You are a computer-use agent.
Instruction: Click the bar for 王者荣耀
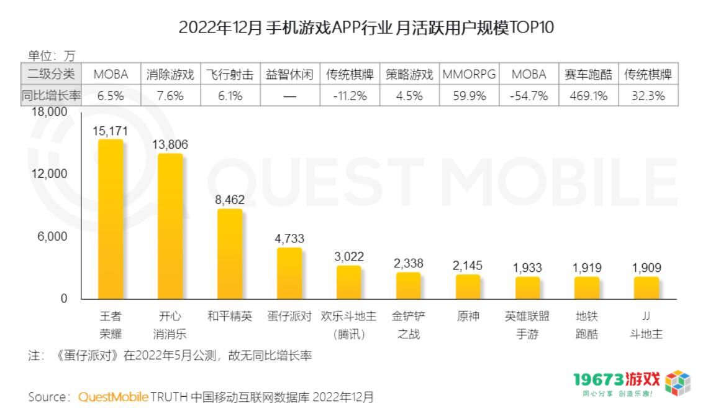click(x=111, y=219)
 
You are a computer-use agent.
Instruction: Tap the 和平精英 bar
click(x=230, y=254)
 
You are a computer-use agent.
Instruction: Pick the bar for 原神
click(x=468, y=287)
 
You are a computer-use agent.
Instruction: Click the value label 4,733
click(x=289, y=238)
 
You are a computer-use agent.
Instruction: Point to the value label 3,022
click(x=349, y=256)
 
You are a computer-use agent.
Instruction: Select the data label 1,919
click(x=587, y=268)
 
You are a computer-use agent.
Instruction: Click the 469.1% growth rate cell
click(x=587, y=96)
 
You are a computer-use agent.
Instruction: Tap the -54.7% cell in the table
click(x=528, y=96)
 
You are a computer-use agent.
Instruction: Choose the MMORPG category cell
click(x=469, y=75)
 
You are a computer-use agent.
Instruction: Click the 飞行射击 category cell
click(x=230, y=75)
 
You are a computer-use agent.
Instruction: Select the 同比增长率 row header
click(x=52, y=96)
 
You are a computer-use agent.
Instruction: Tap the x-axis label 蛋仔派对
click(x=289, y=316)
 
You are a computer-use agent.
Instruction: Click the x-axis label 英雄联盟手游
click(x=527, y=325)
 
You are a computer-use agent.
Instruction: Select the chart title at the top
click(x=365, y=27)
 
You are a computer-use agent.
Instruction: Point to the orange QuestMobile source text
click(x=113, y=397)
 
